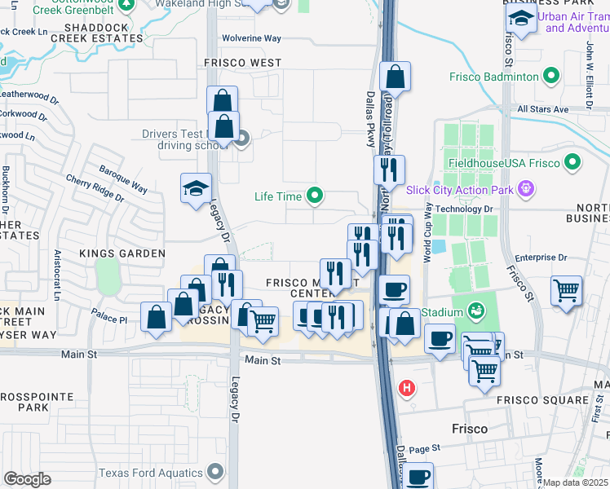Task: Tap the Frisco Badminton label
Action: click(x=494, y=77)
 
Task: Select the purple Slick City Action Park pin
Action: click(x=527, y=189)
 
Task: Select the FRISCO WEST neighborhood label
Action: click(x=243, y=63)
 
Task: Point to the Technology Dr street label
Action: click(x=466, y=209)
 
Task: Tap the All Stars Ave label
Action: click(x=542, y=108)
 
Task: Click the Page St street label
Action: click(x=424, y=448)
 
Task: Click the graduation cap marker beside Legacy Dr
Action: click(x=196, y=189)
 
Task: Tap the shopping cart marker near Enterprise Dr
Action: click(x=566, y=290)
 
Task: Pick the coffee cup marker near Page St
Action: click(x=418, y=477)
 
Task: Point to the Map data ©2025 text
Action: click(x=576, y=482)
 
